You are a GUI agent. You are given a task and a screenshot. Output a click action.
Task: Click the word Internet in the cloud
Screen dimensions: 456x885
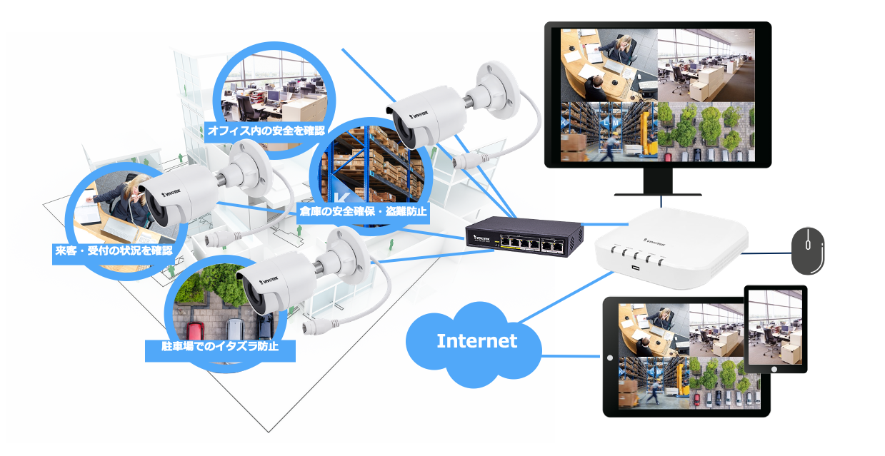[x=476, y=340]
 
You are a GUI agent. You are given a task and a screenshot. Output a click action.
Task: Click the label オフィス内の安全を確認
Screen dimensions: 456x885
[x=266, y=131]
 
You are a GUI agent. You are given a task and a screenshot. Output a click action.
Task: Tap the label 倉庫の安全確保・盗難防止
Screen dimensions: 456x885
[x=362, y=211]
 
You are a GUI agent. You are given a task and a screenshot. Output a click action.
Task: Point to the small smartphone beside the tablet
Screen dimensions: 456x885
[x=776, y=329]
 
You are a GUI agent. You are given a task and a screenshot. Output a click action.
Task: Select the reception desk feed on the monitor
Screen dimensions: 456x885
[x=608, y=66]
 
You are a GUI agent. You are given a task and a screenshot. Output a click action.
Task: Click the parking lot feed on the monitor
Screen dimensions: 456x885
[x=706, y=132]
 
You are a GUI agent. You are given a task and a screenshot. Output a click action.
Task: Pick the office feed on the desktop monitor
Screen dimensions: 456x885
[x=706, y=66]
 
